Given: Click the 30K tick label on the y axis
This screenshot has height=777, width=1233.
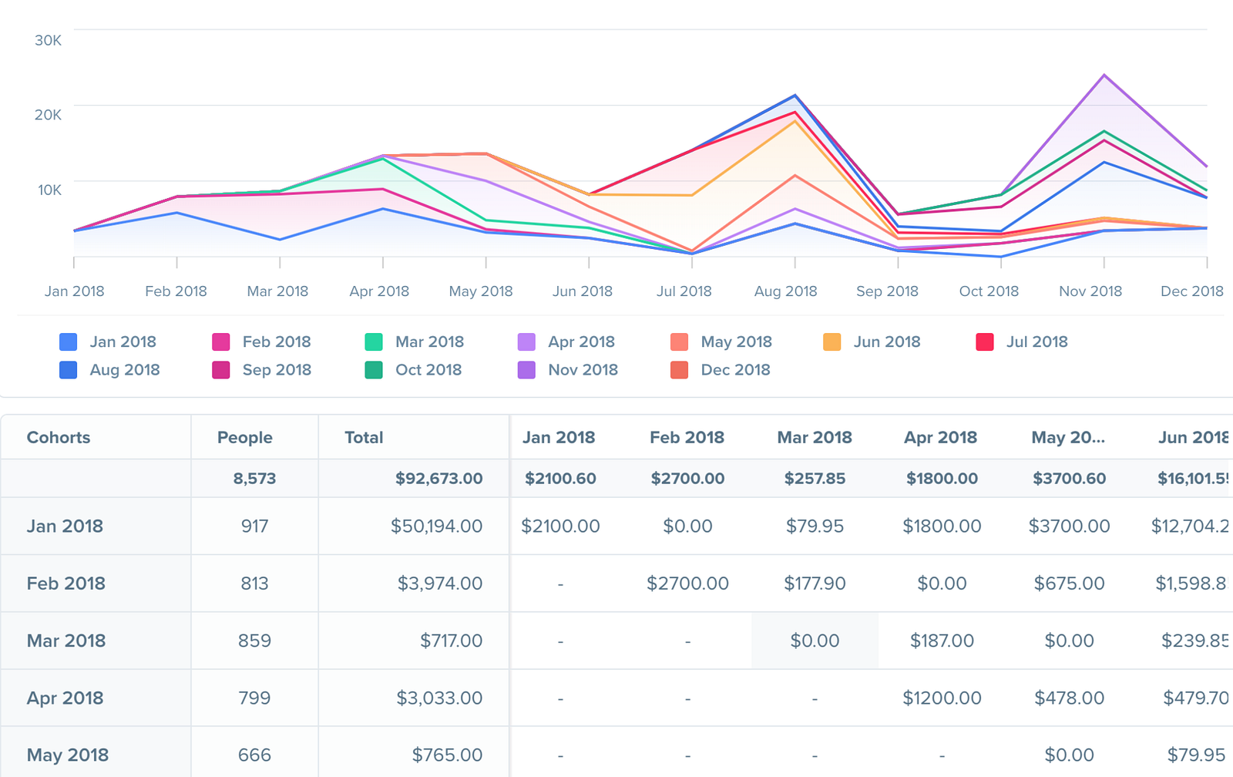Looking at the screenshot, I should click(x=48, y=40).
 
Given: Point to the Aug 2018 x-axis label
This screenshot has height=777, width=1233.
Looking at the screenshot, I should click(x=785, y=291).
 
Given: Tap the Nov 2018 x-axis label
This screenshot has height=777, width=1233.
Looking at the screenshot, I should click(x=1090, y=291).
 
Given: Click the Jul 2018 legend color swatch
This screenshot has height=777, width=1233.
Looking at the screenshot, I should click(x=985, y=342).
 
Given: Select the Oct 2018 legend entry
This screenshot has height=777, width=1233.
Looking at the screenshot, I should click(x=428, y=370).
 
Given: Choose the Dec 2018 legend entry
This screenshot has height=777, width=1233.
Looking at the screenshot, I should click(x=734, y=370).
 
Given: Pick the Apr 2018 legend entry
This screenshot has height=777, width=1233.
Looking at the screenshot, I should click(x=580, y=342).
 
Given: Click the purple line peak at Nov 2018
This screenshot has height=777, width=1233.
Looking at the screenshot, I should click(x=1104, y=76).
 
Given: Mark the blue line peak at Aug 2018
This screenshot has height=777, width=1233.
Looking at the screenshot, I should click(x=795, y=96).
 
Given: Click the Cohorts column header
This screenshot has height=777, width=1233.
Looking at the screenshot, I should click(x=59, y=438).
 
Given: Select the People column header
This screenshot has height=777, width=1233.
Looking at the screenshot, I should click(x=244, y=438).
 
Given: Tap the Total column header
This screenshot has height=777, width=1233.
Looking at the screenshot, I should click(x=364, y=438).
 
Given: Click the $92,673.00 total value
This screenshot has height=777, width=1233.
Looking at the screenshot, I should click(x=438, y=479).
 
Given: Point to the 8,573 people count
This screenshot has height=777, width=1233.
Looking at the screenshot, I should click(x=254, y=479).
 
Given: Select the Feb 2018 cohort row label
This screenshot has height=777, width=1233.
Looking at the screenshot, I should click(x=66, y=584).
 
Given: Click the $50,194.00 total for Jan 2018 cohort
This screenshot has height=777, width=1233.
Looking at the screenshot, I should click(x=436, y=526).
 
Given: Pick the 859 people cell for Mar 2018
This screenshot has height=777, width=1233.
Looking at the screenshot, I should click(x=254, y=641).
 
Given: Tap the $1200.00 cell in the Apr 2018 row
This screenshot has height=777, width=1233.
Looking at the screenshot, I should click(x=942, y=698).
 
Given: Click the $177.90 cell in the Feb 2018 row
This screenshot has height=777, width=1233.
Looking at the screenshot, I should click(x=815, y=584).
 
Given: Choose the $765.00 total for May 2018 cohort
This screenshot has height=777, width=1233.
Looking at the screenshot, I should click(x=447, y=755).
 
